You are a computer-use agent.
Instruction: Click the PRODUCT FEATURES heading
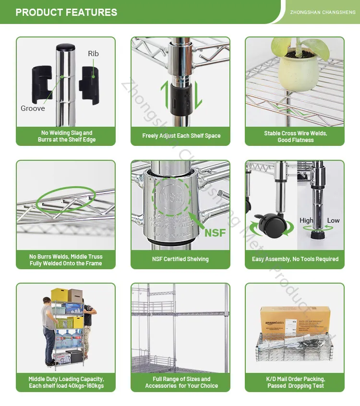tap(66, 12)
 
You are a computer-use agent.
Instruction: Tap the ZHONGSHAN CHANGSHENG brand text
tap(323, 12)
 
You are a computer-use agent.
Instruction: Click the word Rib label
tap(93, 53)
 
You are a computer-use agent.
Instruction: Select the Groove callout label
tap(33, 108)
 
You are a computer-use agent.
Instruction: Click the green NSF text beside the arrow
tap(215, 233)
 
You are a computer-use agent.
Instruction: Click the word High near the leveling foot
tap(306, 220)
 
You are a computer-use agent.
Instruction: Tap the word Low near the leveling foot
tap(333, 220)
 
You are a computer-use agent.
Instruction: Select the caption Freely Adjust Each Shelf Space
tap(181, 136)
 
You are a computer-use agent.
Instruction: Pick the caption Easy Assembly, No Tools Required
tap(295, 259)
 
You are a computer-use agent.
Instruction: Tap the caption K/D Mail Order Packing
tap(295, 379)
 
